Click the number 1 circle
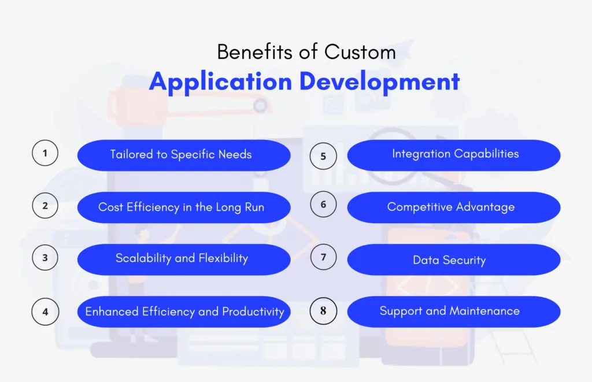pyautogui.click(x=45, y=154)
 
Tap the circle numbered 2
pyautogui.click(x=45, y=206)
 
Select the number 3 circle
pyautogui.click(x=45, y=258)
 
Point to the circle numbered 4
pyautogui.click(x=45, y=311)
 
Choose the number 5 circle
pyautogui.click(x=323, y=156)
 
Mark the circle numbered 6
pyautogui.click(x=323, y=205)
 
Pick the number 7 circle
pyautogui.click(x=323, y=258)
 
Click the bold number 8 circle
pyautogui.click(x=323, y=311)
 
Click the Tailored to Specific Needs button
pyautogui.click(x=184, y=155)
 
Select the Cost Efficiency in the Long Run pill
pyautogui.click(x=184, y=207)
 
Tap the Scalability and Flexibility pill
pyautogui.click(x=184, y=259)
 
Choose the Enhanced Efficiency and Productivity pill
pyautogui.click(x=184, y=312)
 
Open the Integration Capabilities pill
pyautogui.click(x=454, y=155)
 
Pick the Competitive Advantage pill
pyautogui.click(x=454, y=207)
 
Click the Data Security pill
pyautogui.click(x=454, y=260)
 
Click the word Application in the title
pyautogui.click(x=220, y=82)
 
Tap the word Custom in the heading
pyautogui.click(x=360, y=52)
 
